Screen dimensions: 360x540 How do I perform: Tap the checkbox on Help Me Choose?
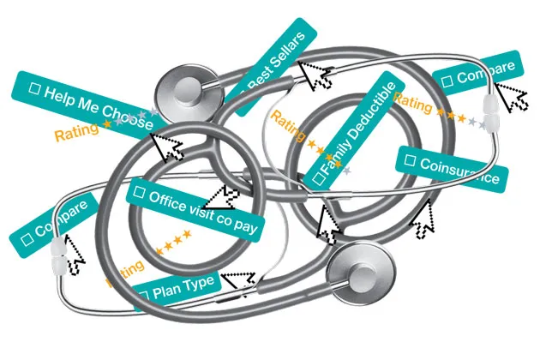point(36,87)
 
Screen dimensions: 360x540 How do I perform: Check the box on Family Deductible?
point(318,177)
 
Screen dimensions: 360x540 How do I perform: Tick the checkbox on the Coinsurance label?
point(411,159)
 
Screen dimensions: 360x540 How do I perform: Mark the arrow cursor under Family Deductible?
point(329,225)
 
